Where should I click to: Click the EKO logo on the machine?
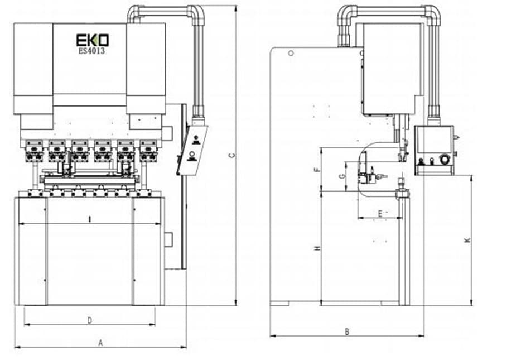(92, 40)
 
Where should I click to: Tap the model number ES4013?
(91, 51)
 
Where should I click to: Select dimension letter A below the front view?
(100, 343)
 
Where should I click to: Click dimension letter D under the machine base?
(90, 320)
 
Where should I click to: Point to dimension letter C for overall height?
(231, 156)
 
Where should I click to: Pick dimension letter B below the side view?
(347, 332)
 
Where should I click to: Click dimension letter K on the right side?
(467, 241)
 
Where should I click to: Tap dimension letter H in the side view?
(317, 248)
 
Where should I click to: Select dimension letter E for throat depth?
(380, 213)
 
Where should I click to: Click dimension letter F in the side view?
(317, 170)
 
